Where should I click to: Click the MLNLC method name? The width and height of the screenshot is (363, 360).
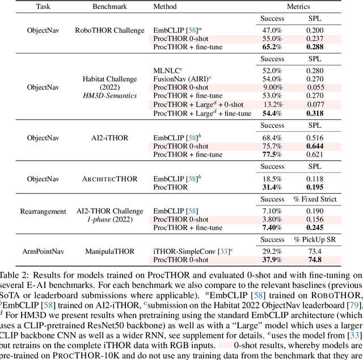[168, 70]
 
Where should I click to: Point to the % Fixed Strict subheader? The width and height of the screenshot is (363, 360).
[316, 199]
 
